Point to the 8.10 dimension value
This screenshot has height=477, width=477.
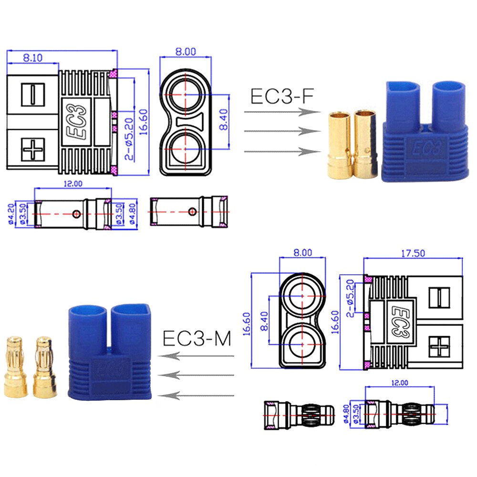[32, 58]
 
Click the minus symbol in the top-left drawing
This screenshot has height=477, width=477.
[32, 93]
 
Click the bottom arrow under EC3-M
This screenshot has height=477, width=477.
[196, 395]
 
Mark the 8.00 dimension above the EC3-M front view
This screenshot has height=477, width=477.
[303, 252]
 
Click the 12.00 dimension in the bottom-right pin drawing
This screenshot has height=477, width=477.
[400, 383]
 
